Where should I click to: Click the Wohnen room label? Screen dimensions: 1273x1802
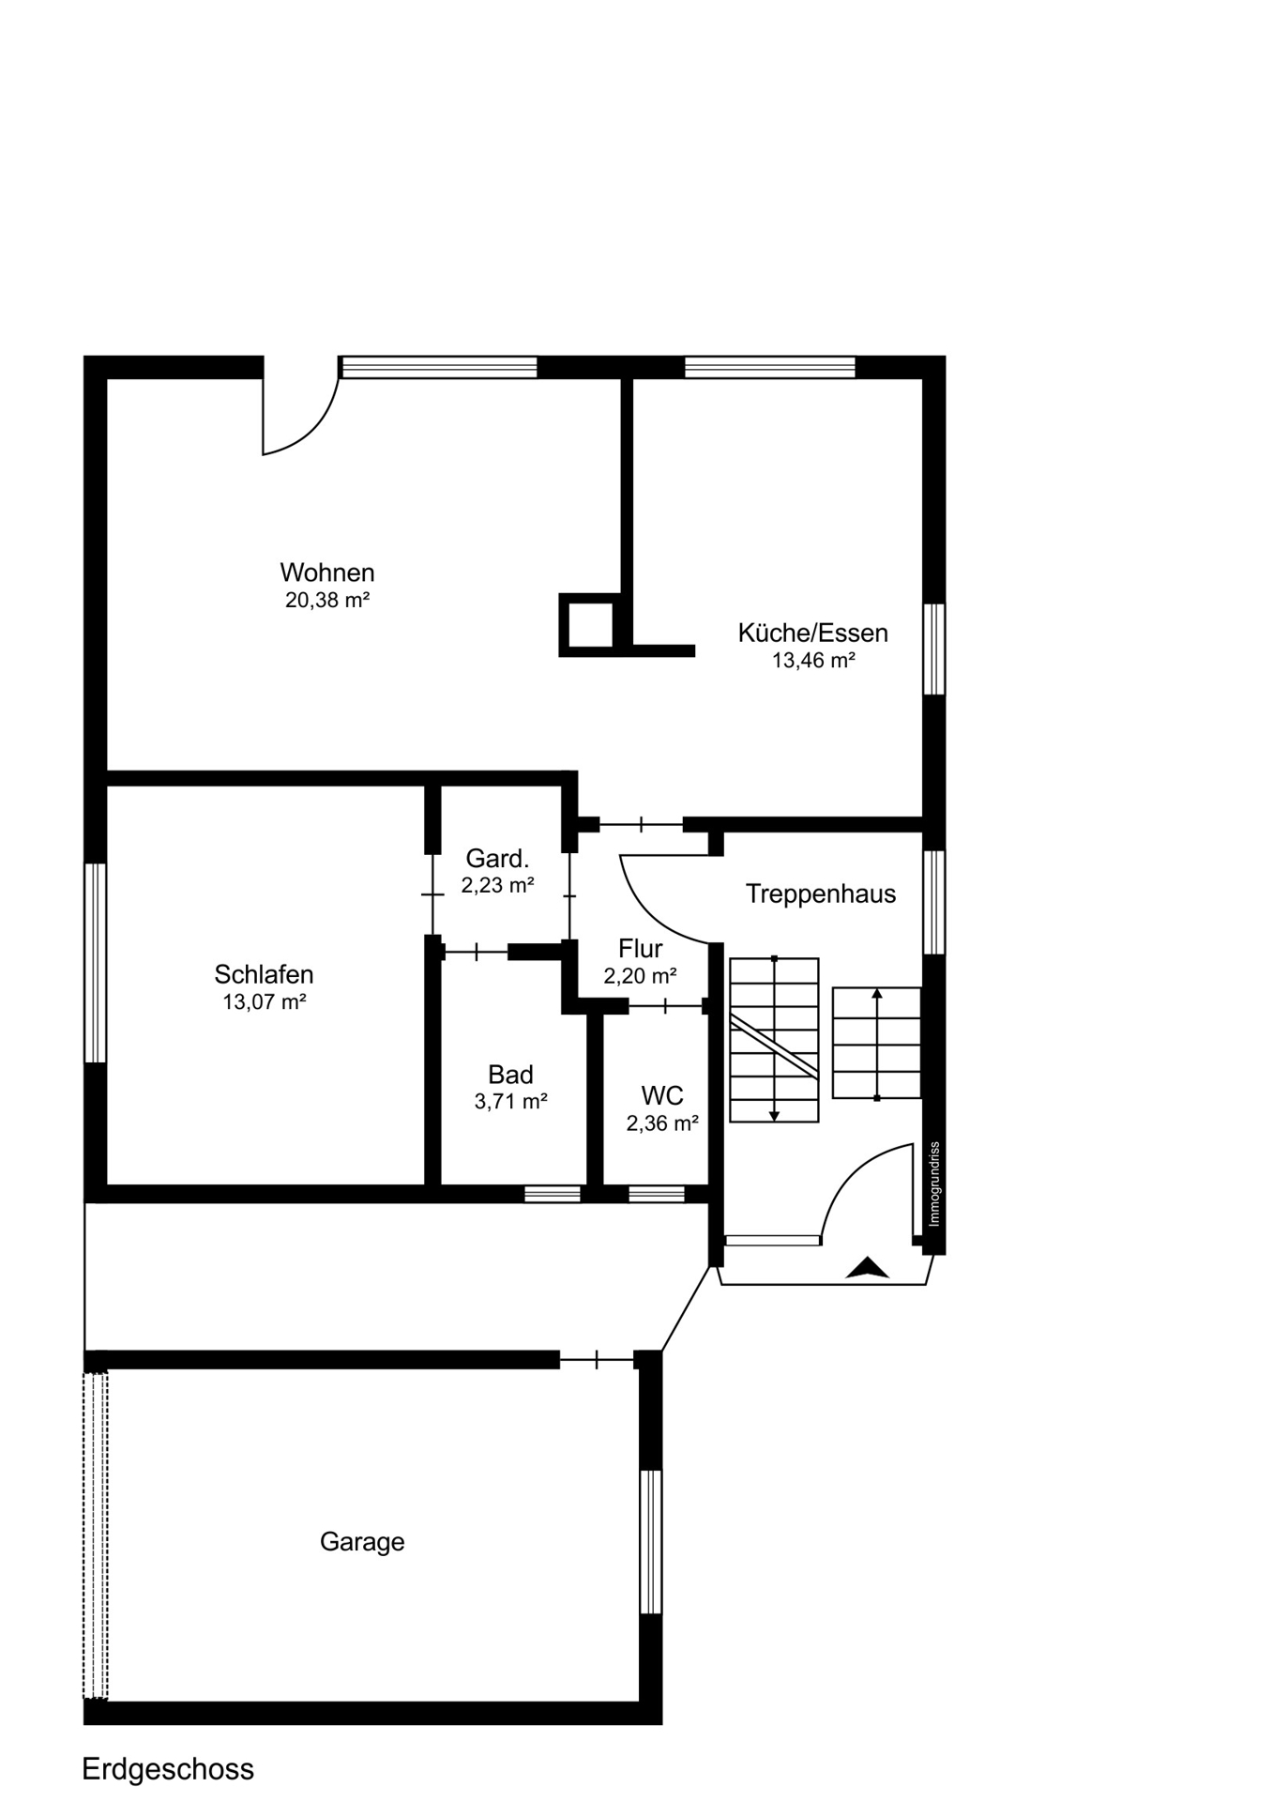326,573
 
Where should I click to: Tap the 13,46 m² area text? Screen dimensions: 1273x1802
813,660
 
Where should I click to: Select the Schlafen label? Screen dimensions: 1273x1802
264,974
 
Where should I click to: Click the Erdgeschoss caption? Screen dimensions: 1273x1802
168,1769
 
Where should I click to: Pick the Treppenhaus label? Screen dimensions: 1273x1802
821,893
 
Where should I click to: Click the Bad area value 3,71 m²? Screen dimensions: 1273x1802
511,1101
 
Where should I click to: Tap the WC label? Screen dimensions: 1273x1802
662,1095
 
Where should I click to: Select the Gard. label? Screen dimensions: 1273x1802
497,858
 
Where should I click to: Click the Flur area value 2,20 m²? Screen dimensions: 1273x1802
641,976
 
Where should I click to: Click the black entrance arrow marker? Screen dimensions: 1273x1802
868,1268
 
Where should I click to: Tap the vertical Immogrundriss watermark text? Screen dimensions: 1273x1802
934,1184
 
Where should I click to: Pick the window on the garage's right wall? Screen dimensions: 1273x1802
651,1541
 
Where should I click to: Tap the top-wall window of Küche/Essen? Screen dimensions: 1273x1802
770,367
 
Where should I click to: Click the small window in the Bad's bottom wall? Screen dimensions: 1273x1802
553,1194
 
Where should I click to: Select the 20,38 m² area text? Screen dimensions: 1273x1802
327,600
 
